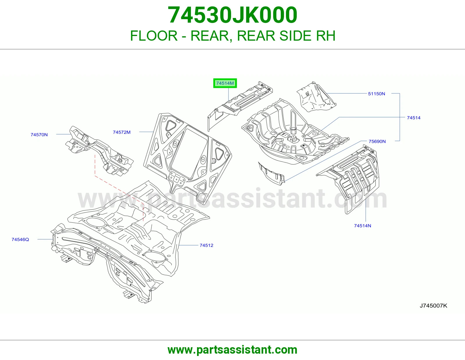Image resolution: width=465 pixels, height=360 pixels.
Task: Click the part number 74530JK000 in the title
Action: [233, 15]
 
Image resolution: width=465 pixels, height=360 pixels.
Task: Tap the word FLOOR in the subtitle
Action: [154, 36]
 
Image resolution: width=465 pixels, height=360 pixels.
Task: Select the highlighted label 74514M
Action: [225, 83]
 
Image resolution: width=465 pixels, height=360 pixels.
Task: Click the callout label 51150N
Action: [376, 94]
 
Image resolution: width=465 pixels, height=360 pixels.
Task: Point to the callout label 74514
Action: [414, 118]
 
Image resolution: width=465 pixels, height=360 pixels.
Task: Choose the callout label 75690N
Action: [377, 141]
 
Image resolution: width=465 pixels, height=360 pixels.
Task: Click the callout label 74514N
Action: [362, 226]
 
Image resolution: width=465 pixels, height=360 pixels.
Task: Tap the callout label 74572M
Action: [121, 132]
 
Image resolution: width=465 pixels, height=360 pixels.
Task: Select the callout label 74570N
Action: [39, 135]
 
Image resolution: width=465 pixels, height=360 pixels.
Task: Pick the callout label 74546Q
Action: [20, 240]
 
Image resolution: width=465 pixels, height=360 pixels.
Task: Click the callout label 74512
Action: [207, 245]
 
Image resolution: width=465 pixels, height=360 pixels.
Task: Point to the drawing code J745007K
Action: [433, 306]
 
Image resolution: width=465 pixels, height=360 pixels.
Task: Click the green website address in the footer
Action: [233, 350]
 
